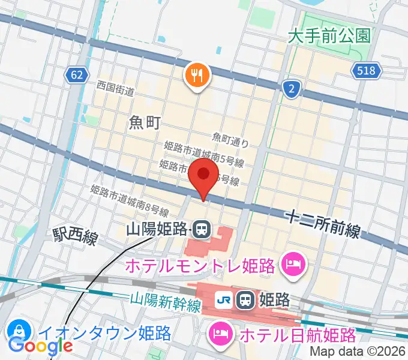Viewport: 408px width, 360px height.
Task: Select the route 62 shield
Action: pyautogui.click(x=75, y=74)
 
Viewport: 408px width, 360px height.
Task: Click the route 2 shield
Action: pyautogui.click(x=291, y=89)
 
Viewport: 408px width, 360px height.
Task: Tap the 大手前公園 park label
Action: pyautogui.click(x=329, y=36)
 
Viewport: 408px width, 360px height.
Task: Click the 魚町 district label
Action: pyautogui.click(x=144, y=123)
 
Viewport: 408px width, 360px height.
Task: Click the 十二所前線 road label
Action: pyautogui.click(x=323, y=223)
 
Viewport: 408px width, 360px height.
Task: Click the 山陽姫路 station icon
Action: pyautogui.click(x=202, y=229)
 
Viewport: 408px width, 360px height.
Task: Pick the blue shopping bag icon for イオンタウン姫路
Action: pyautogui.click(x=19, y=332)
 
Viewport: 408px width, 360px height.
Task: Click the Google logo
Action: pyautogui.click(x=41, y=346)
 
